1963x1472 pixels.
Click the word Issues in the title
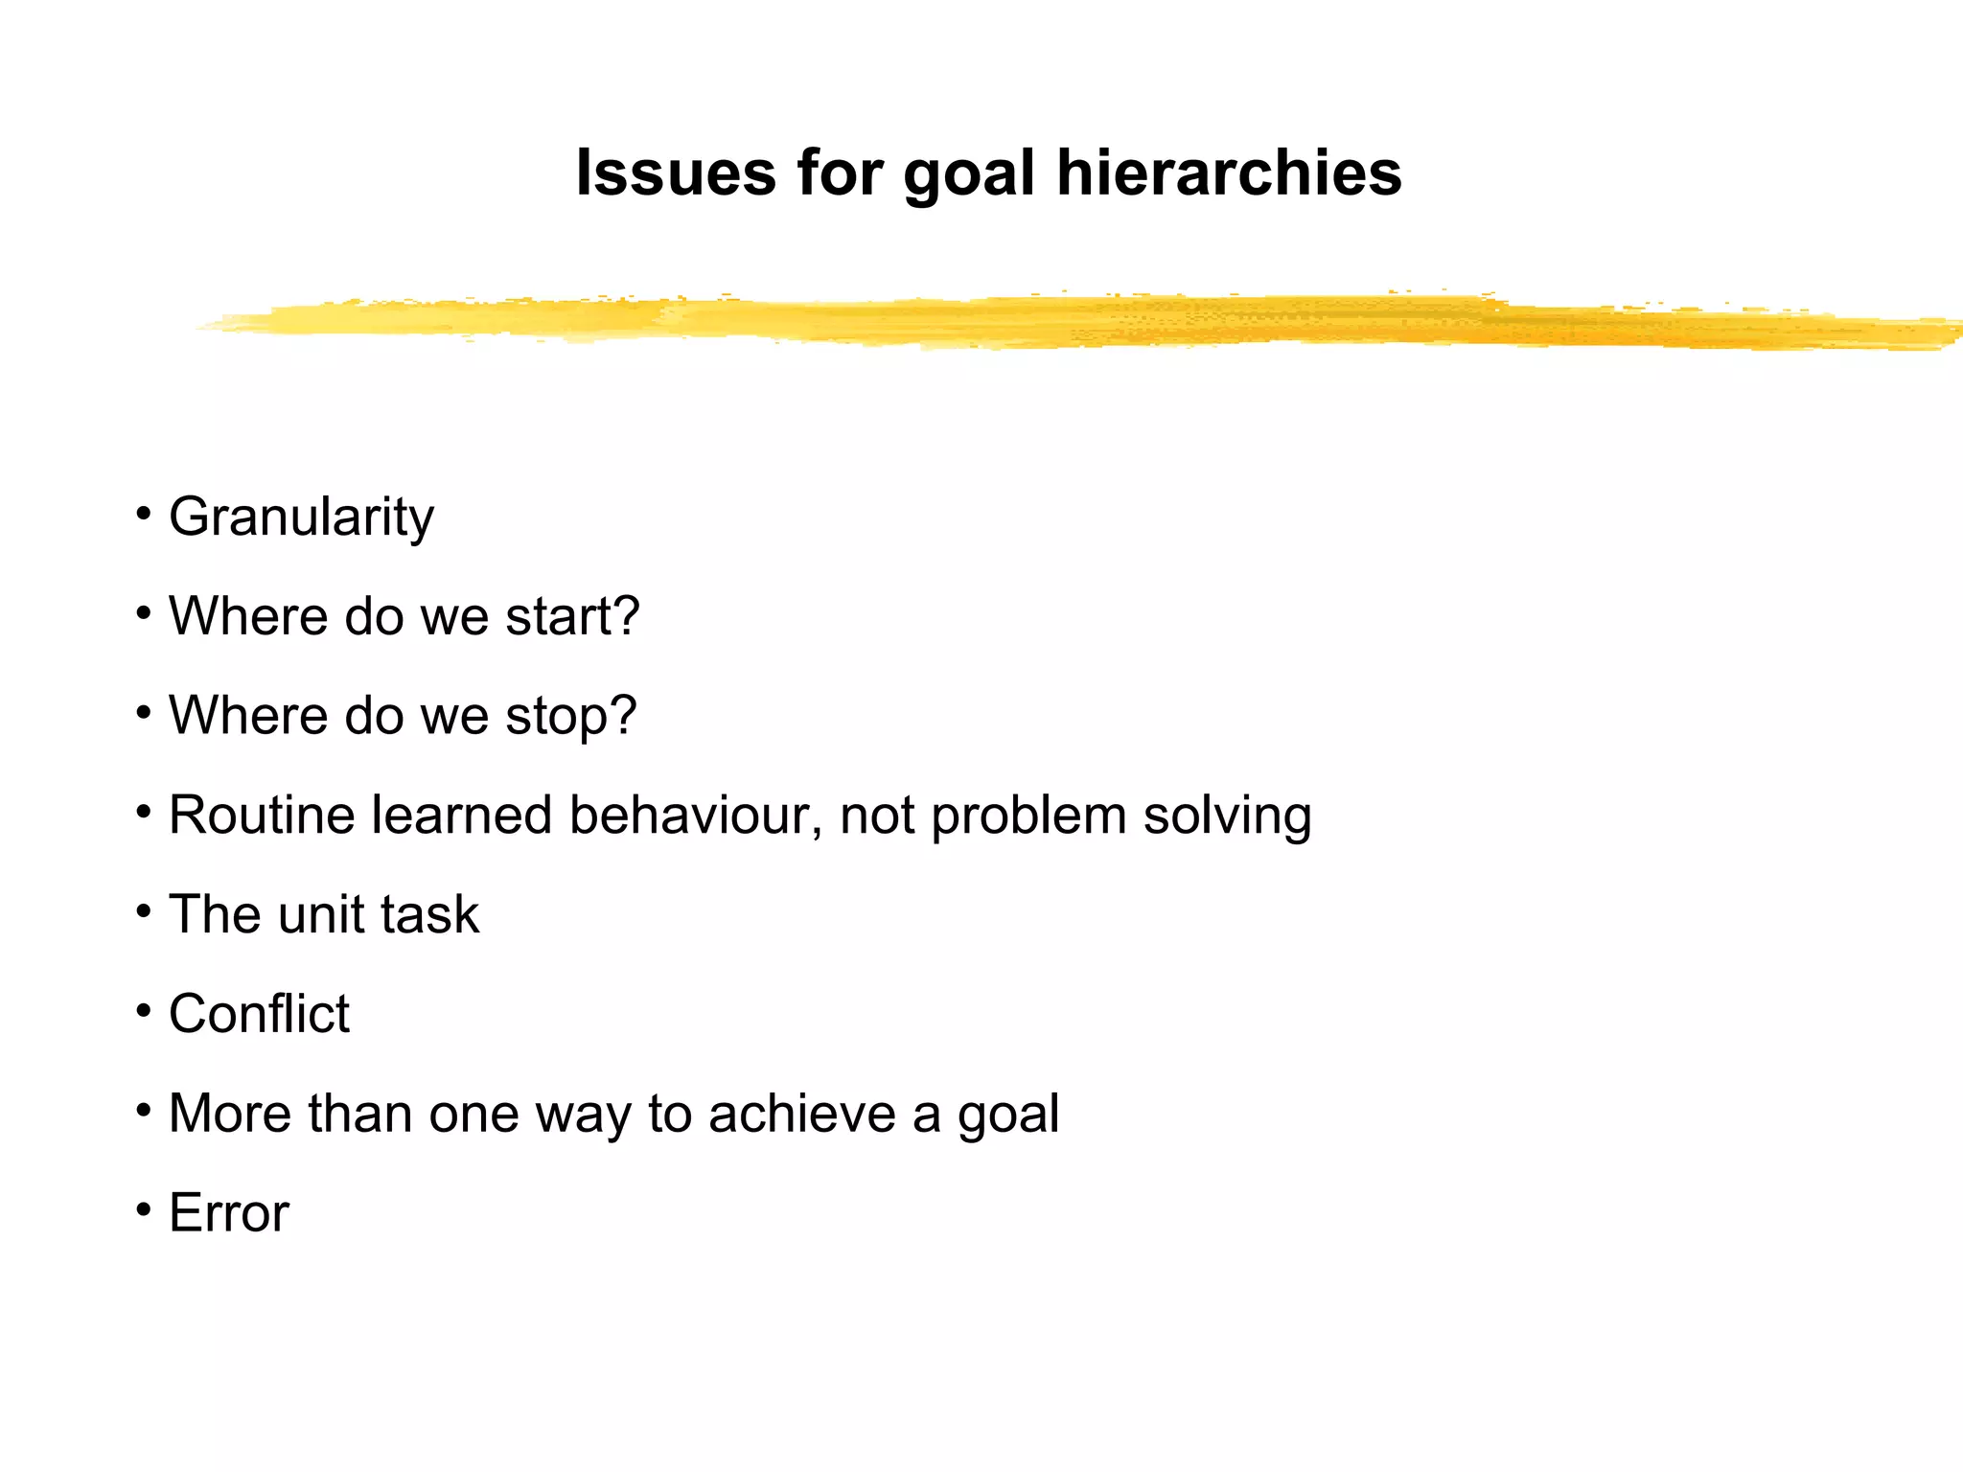point(675,173)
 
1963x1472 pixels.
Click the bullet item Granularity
point(301,517)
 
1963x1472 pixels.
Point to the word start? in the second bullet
point(572,616)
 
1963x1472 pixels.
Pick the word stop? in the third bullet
point(571,716)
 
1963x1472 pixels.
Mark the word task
point(429,914)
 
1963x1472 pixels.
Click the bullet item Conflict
point(259,1014)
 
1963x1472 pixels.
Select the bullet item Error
point(228,1213)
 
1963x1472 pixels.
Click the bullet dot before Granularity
point(144,512)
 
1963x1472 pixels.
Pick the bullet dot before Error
point(144,1208)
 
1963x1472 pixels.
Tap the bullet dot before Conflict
point(144,1009)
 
